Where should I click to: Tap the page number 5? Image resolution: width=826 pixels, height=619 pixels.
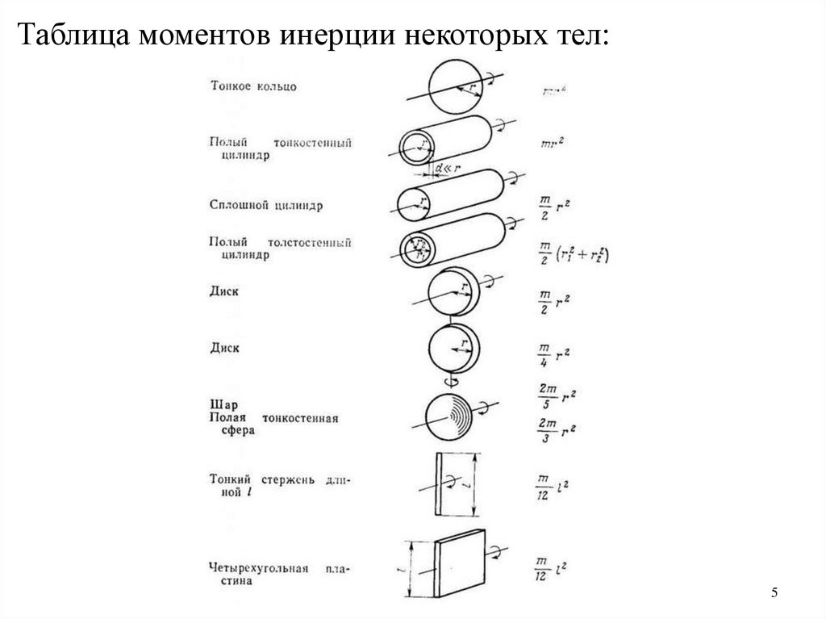coord(774,594)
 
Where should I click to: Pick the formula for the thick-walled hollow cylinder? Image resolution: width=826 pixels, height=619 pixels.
coord(572,254)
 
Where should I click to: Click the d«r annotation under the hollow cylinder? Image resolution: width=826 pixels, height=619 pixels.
coord(445,169)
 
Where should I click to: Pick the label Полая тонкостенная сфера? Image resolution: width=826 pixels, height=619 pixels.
coord(273,424)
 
